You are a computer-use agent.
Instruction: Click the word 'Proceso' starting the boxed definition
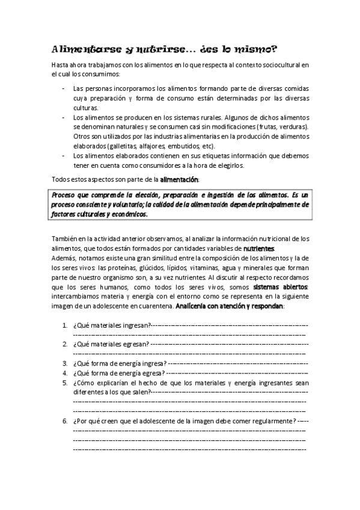64,196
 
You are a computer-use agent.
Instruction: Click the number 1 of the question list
64,325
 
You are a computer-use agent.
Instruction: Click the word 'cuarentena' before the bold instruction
154,306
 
